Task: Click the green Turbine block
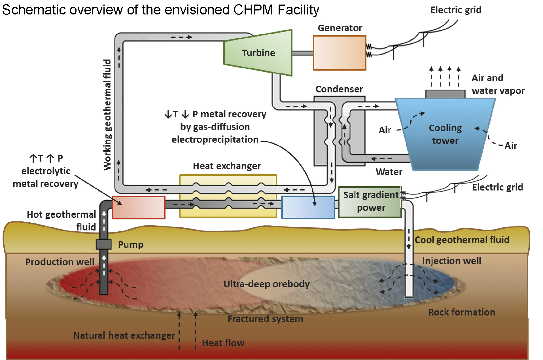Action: coord(258,53)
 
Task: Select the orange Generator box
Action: coord(340,53)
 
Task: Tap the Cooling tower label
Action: coord(445,134)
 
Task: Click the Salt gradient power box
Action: coord(370,202)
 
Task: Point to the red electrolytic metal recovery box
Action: coord(139,207)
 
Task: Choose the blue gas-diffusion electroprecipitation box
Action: coord(308,207)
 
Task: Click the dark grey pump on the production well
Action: coord(103,244)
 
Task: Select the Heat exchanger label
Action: coord(227,166)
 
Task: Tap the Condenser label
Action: coord(339,89)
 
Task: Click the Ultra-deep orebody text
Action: coord(266,284)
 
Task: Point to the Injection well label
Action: coord(451,261)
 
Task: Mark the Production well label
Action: coord(60,262)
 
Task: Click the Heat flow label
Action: coord(223,343)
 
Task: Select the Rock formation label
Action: coord(462,312)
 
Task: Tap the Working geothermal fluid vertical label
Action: coord(107,115)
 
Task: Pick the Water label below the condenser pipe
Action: coord(389,172)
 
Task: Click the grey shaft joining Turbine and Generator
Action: coord(303,53)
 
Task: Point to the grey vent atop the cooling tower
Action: coord(445,94)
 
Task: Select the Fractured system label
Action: coord(265,319)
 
